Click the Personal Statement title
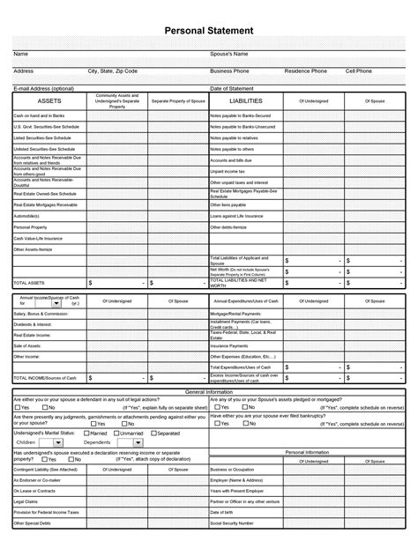[209, 31]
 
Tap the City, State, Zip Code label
[113, 70]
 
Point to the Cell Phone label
[359, 70]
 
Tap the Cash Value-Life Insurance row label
[38, 238]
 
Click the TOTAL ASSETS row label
[30, 283]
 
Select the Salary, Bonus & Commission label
[41, 314]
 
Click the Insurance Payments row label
[229, 346]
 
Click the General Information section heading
[209, 390]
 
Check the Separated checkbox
[153, 434]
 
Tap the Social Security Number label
[234, 522]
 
